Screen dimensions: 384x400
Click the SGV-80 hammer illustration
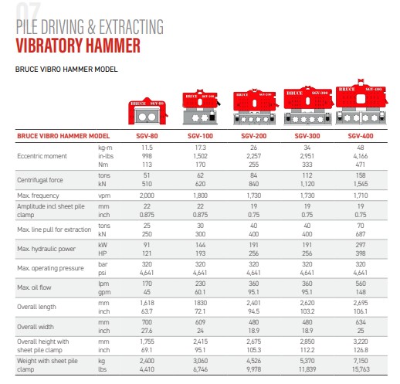point(147,112)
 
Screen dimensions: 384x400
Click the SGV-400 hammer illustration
point(361,100)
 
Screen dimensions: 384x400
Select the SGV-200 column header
point(254,136)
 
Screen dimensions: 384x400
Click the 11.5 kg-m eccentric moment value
point(147,146)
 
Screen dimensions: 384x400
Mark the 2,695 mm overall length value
point(361,304)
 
